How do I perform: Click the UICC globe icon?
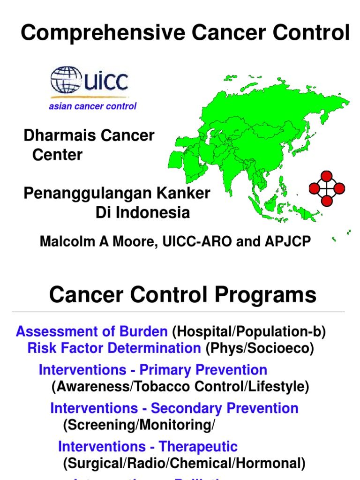(x=66, y=80)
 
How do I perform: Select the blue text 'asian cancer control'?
(x=92, y=106)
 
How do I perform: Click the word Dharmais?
(x=56, y=136)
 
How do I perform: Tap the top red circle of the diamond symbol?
(x=327, y=176)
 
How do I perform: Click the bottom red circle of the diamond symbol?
(x=327, y=201)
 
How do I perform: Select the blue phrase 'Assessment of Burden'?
(x=91, y=332)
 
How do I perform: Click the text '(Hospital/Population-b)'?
(x=248, y=332)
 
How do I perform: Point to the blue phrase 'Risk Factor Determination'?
(x=114, y=348)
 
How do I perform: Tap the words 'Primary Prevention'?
(x=203, y=370)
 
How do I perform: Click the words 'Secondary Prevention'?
(x=225, y=408)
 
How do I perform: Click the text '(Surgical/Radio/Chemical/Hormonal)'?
(x=184, y=464)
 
